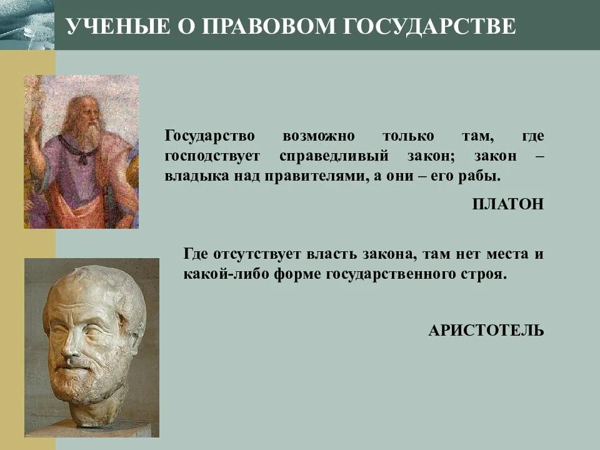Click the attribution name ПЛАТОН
coord(508,204)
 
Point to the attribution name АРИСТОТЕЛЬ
coord(486,330)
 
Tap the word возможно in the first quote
coord(318,136)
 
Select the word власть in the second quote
coord(331,254)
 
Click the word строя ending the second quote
coord(486,274)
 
